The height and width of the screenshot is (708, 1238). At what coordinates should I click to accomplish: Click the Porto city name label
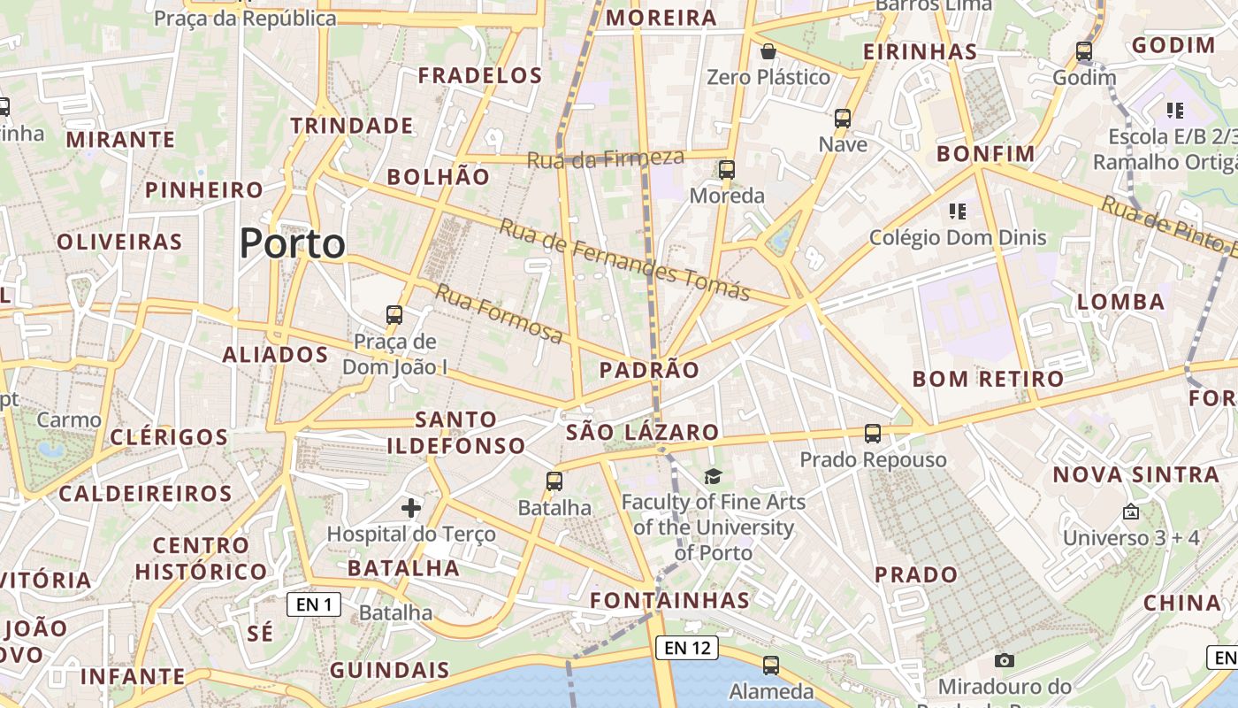[x=292, y=243]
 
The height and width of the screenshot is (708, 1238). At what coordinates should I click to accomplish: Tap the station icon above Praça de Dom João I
[x=394, y=314]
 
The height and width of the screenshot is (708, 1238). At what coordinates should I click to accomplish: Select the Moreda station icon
[x=727, y=169]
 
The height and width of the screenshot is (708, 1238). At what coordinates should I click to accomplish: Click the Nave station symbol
[x=843, y=118]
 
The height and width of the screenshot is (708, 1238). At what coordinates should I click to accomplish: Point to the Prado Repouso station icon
[x=873, y=433]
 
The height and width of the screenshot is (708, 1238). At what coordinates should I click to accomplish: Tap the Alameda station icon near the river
[x=771, y=665]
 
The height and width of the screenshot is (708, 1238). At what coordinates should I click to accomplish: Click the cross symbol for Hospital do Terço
[x=411, y=507]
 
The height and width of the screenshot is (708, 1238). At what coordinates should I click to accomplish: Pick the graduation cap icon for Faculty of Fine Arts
[x=713, y=476]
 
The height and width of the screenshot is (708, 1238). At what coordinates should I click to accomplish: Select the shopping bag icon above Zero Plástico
[x=768, y=51]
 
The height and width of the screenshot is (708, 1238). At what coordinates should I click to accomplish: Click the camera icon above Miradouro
[x=1004, y=660]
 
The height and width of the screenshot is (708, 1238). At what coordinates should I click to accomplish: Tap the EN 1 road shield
[x=314, y=604]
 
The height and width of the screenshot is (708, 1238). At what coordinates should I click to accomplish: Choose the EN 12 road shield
[x=687, y=648]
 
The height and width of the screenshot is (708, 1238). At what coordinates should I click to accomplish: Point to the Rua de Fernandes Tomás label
[x=625, y=258]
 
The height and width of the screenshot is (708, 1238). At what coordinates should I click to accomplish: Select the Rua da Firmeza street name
[x=606, y=159]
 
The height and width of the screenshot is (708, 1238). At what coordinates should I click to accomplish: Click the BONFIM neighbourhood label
[x=986, y=154]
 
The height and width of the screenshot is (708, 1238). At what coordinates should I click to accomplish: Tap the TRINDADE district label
[x=352, y=126]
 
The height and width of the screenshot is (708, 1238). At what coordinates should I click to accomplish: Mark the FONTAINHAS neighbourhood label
[x=670, y=600]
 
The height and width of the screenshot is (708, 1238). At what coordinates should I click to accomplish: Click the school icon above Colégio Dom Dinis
[x=957, y=211]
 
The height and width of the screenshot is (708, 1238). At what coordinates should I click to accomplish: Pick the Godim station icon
[x=1084, y=51]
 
